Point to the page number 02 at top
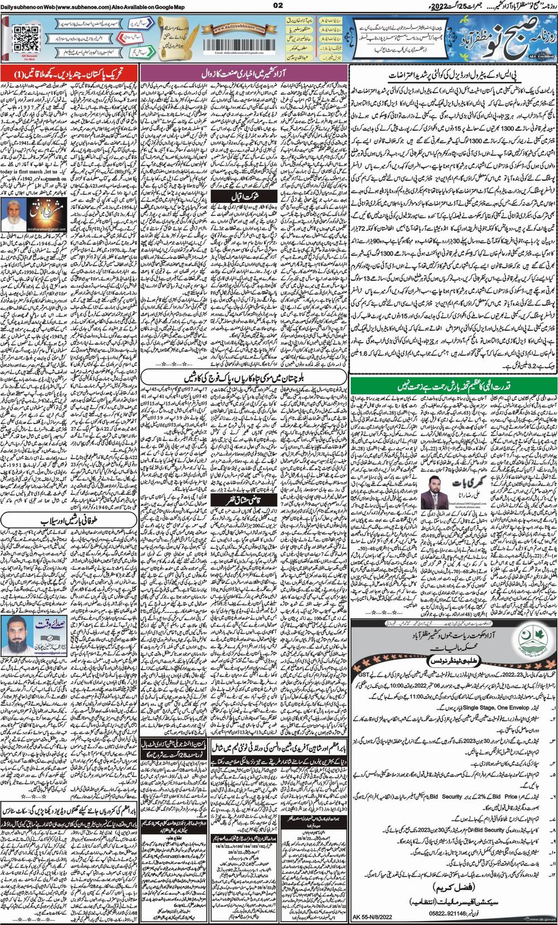[x=278, y=6]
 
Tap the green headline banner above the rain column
[x=453, y=386]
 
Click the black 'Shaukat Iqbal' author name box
[x=244, y=198]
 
